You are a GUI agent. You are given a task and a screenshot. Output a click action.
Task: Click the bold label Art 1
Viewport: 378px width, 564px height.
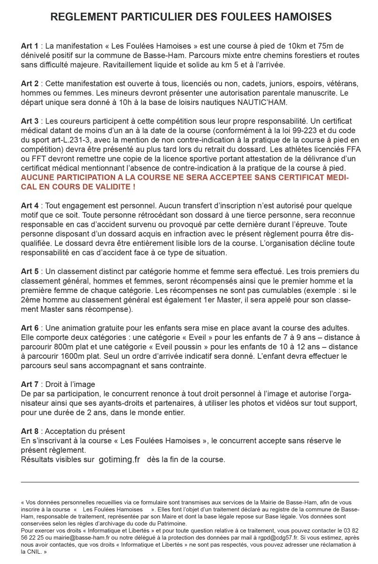30,46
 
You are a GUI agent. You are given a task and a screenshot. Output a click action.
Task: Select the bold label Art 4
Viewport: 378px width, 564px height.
30,206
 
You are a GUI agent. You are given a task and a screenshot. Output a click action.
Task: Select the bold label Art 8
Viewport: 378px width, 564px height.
30,431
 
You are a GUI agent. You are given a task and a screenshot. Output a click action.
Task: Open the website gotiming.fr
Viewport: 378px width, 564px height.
120,460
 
